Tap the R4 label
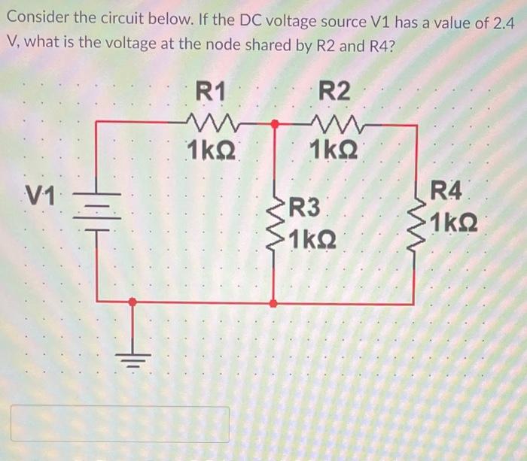446,191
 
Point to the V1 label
40,199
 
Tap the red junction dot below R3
274,303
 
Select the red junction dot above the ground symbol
133,302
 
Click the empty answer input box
120,423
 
